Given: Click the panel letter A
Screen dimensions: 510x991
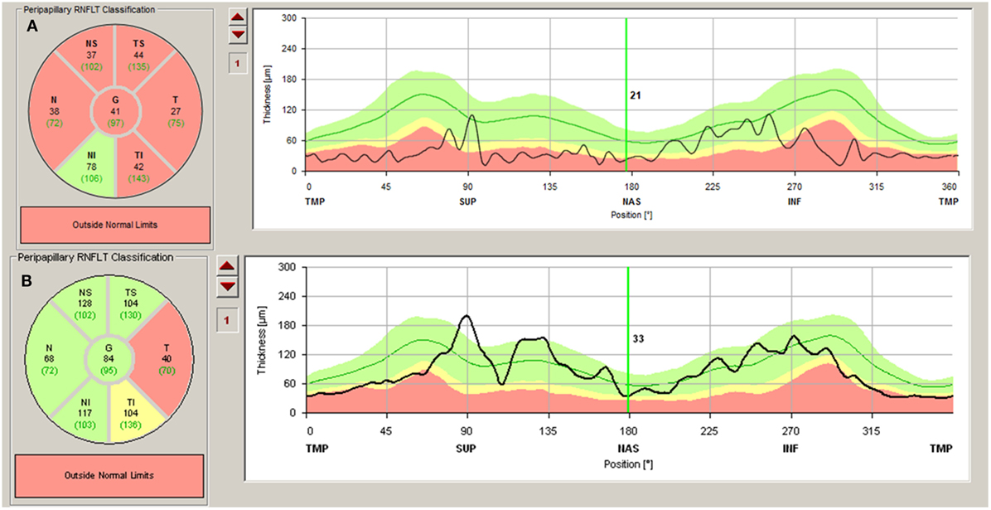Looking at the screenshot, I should coord(33,27).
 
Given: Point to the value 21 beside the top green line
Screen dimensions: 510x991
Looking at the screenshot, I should coord(636,96).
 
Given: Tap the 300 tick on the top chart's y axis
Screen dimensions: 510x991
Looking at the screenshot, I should coord(288,17).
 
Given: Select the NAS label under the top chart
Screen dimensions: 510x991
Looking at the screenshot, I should coord(626,201).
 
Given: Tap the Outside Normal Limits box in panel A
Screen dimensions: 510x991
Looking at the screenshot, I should coord(114,224).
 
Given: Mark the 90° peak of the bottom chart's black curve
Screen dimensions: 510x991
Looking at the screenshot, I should coord(466,316).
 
